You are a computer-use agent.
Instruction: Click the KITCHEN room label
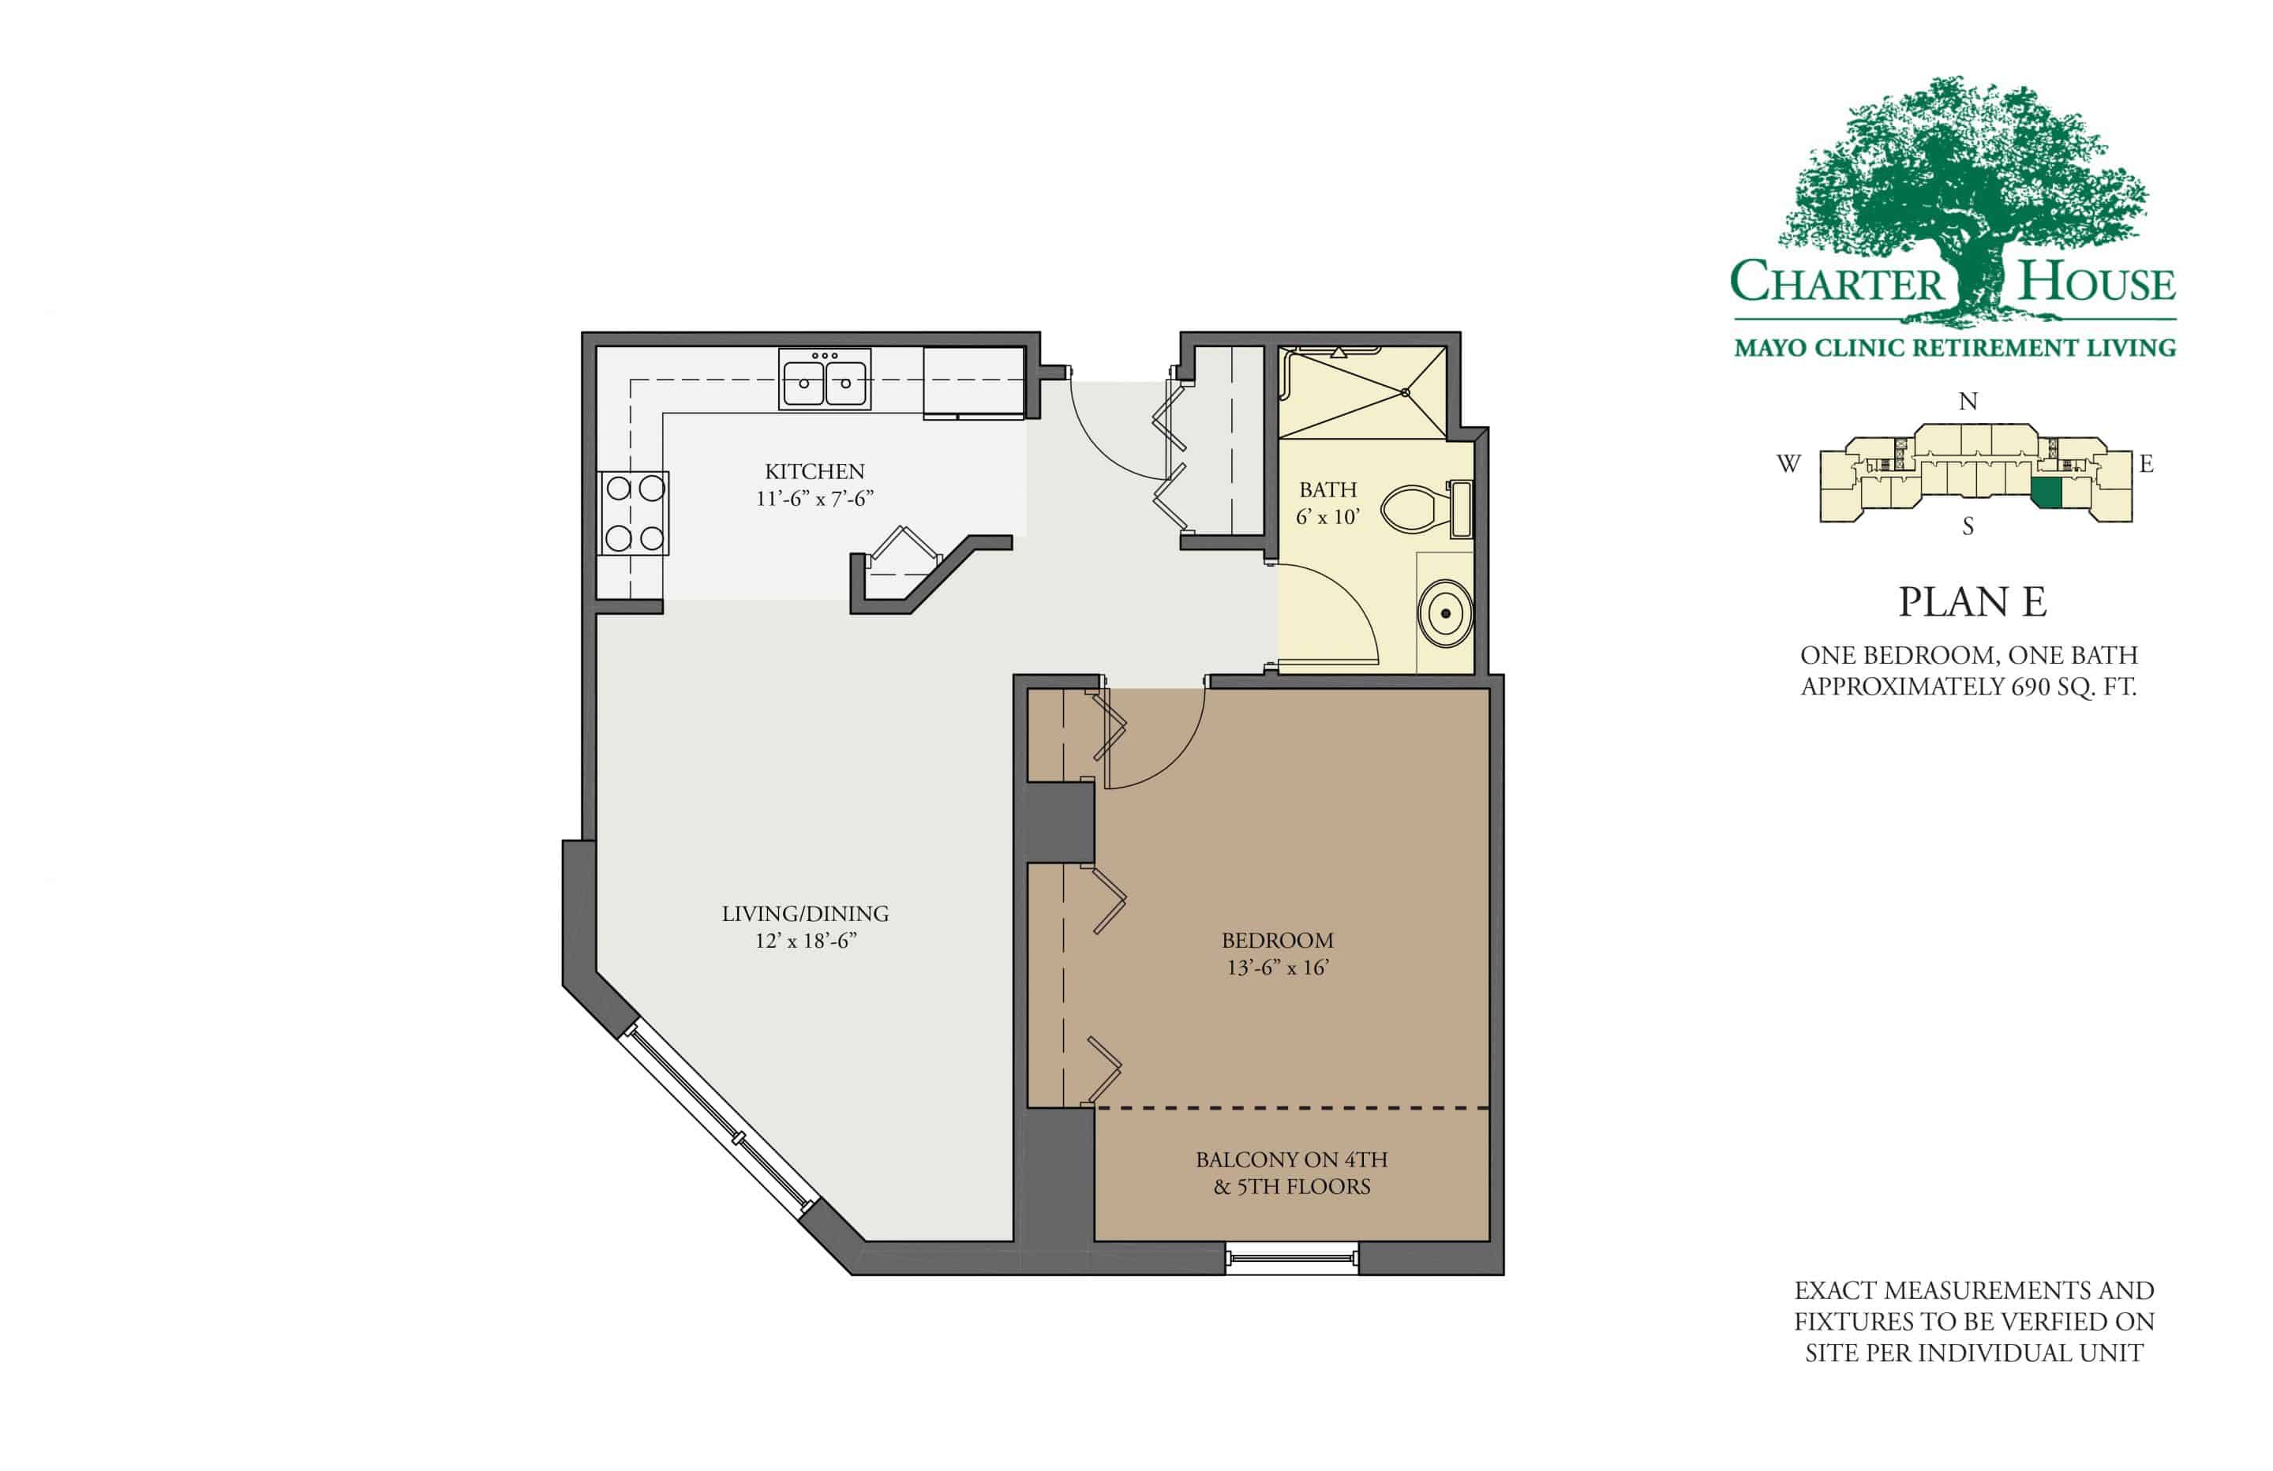click(814, 471)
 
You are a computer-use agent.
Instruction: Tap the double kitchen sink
click(824, 380)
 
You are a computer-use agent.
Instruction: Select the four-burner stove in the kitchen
click(634, 513)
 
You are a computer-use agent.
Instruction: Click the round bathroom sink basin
click(1445, 613)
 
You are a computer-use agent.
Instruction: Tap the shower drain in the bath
click(1406, 391)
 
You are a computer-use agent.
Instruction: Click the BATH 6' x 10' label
click(1327, 503)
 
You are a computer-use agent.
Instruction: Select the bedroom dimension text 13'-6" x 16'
click(1278, 968)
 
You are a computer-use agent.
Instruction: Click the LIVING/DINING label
click(805, 913)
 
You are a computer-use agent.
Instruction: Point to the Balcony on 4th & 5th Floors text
click(1291, 1173)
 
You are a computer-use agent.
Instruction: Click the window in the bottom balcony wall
click(1291, 1258)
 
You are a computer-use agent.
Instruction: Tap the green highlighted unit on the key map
click(2045, 493)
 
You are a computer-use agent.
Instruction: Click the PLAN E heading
click(1972, 603)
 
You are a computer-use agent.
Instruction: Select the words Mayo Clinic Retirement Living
click(1954, 348)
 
